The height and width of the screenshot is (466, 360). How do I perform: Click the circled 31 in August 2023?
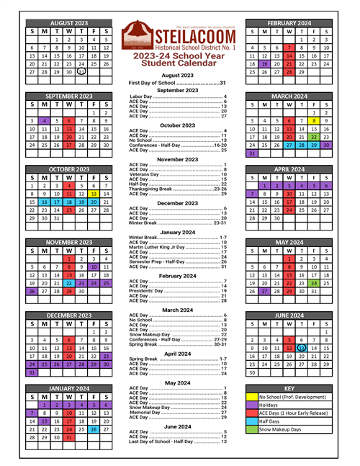[x=81, y=72]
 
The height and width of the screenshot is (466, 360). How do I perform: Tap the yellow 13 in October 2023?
[x=94, y=194]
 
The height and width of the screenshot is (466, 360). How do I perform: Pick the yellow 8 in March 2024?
[x=315, y=101]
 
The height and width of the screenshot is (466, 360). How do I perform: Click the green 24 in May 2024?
[x=315, y=282]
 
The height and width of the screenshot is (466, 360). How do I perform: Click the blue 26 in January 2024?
[x=94, y=428]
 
